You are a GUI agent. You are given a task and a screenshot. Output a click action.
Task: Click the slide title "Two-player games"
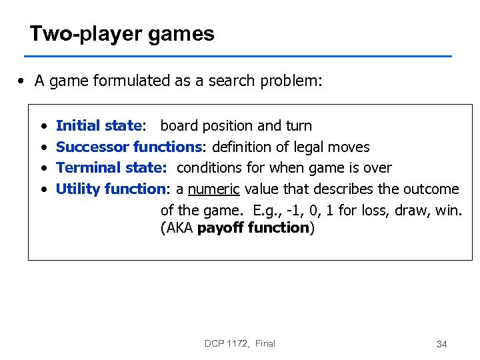122,34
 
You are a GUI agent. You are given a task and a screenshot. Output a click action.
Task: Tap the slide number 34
441,344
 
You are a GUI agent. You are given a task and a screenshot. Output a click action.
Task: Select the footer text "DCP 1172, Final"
240,343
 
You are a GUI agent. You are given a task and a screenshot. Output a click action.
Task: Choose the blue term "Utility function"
110,189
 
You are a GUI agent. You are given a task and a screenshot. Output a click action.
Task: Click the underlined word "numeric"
213,189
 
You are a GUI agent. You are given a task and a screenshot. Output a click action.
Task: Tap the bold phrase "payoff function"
253,228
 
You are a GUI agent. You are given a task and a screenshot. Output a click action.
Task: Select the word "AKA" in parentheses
179,228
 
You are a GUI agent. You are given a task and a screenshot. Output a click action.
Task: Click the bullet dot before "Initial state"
43,126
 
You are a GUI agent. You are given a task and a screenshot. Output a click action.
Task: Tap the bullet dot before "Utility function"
43,189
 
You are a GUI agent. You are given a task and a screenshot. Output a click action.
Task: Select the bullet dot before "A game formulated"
23,81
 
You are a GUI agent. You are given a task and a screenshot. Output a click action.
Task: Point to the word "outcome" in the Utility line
431,189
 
